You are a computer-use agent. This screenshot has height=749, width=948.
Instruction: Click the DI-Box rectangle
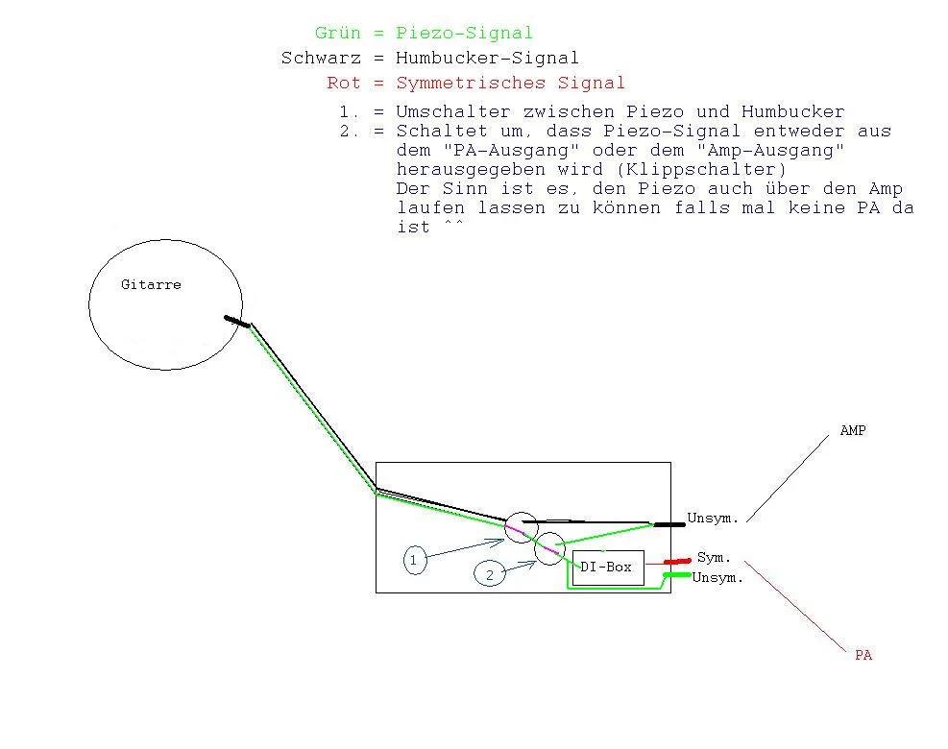click(x=607, y=567)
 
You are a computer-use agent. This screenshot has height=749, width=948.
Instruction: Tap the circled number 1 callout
click(x=415, y=560)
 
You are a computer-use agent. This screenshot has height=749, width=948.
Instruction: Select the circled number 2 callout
click(x=490, y=574)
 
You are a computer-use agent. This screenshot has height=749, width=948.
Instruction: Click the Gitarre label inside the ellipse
click(x=151, y=284)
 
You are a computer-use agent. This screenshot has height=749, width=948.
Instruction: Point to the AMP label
click(x=853, y=431)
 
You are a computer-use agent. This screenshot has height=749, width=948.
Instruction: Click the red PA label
click(x=863, y=655)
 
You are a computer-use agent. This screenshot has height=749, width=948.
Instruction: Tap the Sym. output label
click(x=714, y=558)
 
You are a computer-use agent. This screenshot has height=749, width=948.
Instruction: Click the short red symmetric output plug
click(x=678, y=561)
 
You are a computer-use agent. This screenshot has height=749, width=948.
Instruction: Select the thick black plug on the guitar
click(x=236, y=322)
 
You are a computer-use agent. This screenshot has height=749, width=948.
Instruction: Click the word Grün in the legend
click(x=338, y=34)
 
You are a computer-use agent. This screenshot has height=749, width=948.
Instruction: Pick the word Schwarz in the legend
click(x=321, y=59)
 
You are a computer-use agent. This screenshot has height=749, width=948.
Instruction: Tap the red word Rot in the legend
click(x=344, y=84)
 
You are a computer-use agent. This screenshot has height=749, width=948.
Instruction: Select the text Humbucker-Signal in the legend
click(x=487, y=59)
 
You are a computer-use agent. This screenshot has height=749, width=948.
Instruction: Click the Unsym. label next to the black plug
click(x=713, y=519)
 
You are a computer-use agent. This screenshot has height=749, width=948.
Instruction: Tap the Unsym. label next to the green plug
click(x=717, y=578)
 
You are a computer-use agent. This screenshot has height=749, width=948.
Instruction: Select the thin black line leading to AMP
click(x=788, y=477)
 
